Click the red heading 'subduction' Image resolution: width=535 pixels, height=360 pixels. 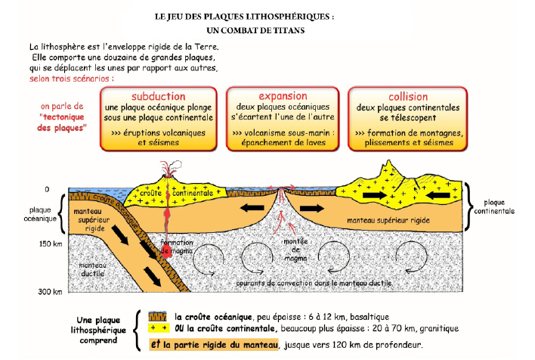click(x=159, y=96)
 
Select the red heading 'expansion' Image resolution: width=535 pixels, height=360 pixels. click(x=283, y=96)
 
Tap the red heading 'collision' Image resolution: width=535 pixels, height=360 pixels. click(x=408, y=97)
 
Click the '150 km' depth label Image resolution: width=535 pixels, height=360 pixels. click(x=51, y=244)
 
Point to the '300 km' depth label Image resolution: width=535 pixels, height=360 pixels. click(x=50, y=291)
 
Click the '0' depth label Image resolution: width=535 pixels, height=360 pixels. click(x=47, y=189)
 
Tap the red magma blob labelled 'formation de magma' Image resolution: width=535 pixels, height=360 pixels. click(x=166, y=251)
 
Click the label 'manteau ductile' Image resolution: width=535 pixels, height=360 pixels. click(x=92, y=269)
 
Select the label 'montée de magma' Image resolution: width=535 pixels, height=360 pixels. click(x=295, y=250)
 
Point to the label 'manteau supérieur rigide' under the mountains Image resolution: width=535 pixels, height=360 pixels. click(x=388, y=220)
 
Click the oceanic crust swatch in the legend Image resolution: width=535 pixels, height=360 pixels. click(x=158, y=316)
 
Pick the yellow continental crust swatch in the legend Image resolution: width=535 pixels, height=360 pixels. click(x=159, y=328)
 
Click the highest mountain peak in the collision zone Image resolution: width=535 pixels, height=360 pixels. click(x=388, y=161)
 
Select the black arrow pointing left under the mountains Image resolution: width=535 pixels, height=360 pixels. click(x=438, y=195)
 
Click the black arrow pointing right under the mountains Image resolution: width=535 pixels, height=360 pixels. click(x=375, y=195)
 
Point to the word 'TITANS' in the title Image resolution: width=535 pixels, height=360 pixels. click(x=289, y=30)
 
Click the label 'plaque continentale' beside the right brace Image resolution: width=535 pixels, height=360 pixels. click(x=494, y=206)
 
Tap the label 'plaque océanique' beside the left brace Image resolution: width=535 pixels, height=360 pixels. click(x=40, y=214)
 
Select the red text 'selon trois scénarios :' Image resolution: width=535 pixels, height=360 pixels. click(x=72, y=79)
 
